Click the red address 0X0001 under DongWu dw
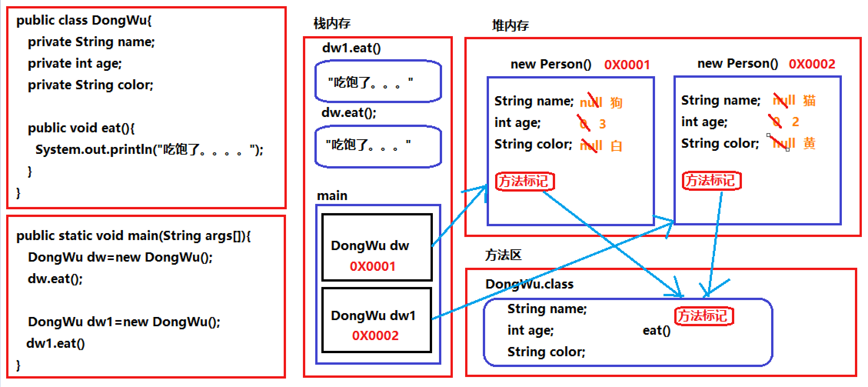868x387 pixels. (372, 266)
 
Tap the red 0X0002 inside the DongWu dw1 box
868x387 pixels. (375, 335)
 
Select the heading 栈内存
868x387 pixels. (332, 24)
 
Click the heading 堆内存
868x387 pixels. (510, 26)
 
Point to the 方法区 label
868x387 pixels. (503, 255)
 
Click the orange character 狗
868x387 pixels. (616, 103)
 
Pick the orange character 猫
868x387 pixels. (809, 100)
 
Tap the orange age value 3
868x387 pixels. (602, 124)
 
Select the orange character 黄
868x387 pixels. (809, 143)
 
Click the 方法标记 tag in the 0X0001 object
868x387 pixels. (525, 181)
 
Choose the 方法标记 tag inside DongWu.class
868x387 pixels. (704, 316)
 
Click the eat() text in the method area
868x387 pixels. (656, 330)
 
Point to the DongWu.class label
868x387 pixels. (529, 284)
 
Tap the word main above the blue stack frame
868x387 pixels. (332, 196)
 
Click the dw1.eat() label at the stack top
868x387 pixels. (351, 48)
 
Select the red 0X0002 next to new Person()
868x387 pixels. (812, 64)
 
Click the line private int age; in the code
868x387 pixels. (75, 63)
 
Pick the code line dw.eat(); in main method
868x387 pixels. (55, 279)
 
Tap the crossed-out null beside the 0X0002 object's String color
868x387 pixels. (783, 143)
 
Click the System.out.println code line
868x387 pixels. (149, 149)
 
